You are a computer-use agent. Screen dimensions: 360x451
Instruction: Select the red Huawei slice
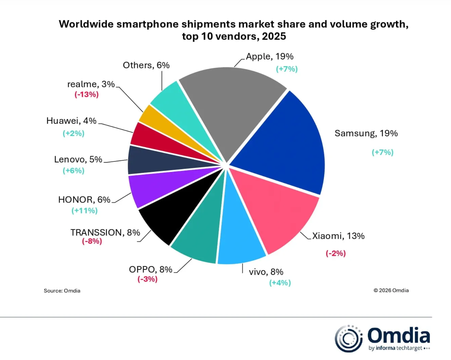(152, 138)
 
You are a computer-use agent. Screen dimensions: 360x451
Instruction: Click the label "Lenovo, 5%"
(78, 159)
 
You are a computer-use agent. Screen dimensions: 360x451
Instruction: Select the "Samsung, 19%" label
(366, 133)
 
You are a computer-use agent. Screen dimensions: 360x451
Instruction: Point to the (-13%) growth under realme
(87, 95)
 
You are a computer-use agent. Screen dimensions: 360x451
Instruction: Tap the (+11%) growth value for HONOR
(85, 211)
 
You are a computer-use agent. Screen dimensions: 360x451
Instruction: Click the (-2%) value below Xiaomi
(336, 253)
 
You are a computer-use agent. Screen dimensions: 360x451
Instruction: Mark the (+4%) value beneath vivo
(280, 283)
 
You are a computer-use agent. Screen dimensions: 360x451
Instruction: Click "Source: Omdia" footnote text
(62, 291)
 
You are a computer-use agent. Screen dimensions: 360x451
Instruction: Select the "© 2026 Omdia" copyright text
(391, 291)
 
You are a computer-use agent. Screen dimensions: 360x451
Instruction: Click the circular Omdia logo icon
(348, 339)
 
